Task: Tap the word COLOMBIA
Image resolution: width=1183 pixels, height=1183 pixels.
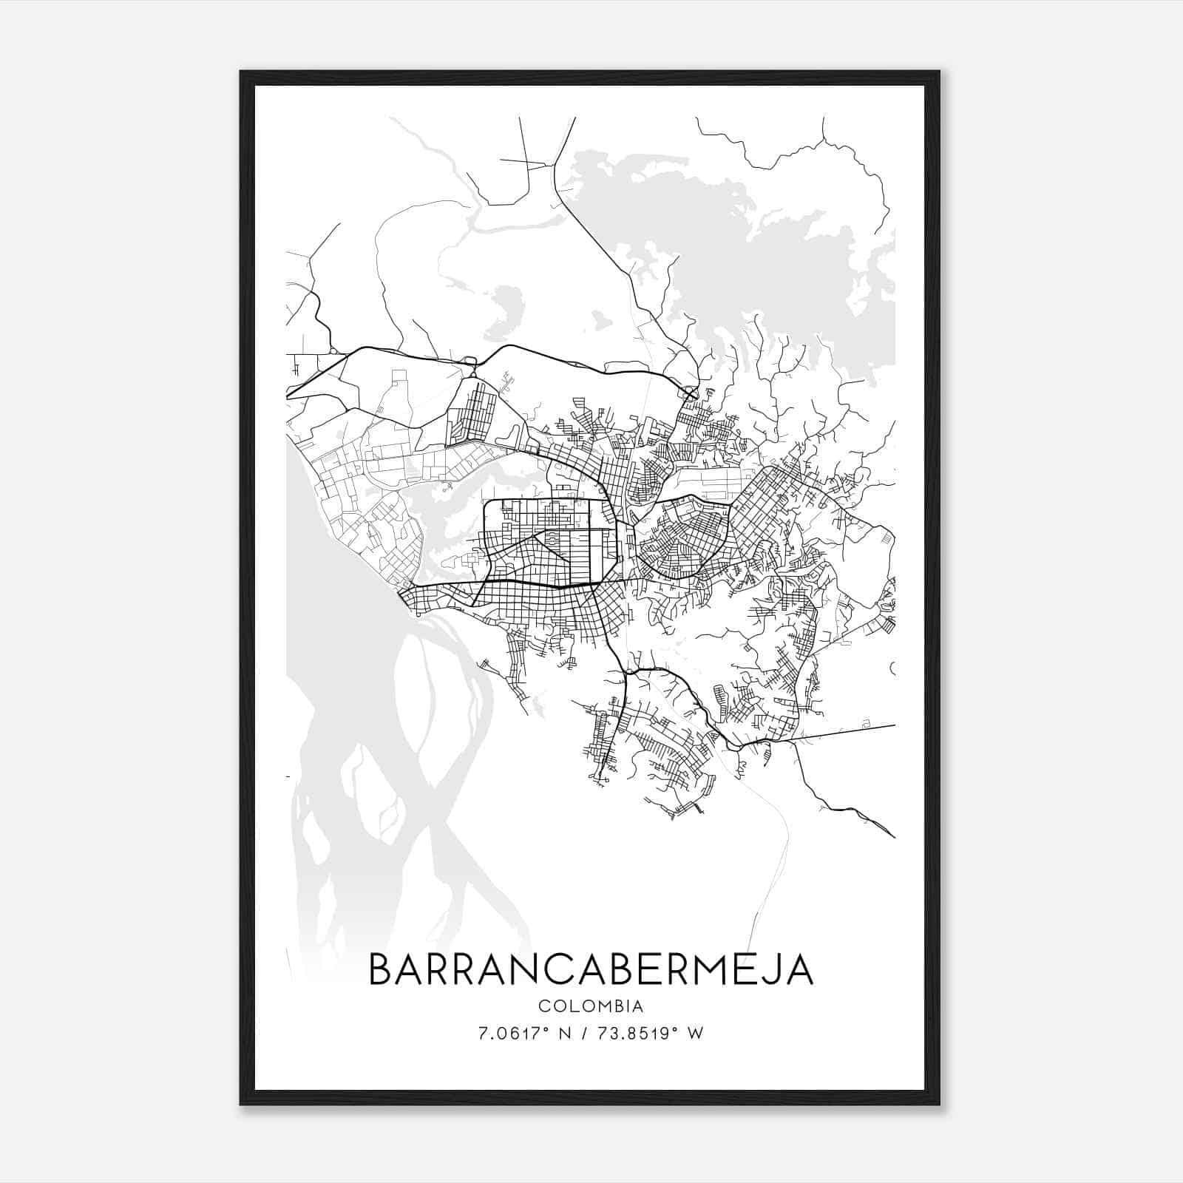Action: click(591, 1006)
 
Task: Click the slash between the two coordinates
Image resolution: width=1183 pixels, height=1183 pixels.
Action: click(586, 1034)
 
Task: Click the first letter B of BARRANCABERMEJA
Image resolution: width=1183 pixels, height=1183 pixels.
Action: click(380, 970)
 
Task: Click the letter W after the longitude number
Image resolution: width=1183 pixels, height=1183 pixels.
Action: click(695, 1034)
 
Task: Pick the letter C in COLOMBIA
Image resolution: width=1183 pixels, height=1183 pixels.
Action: click(543, 1006)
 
